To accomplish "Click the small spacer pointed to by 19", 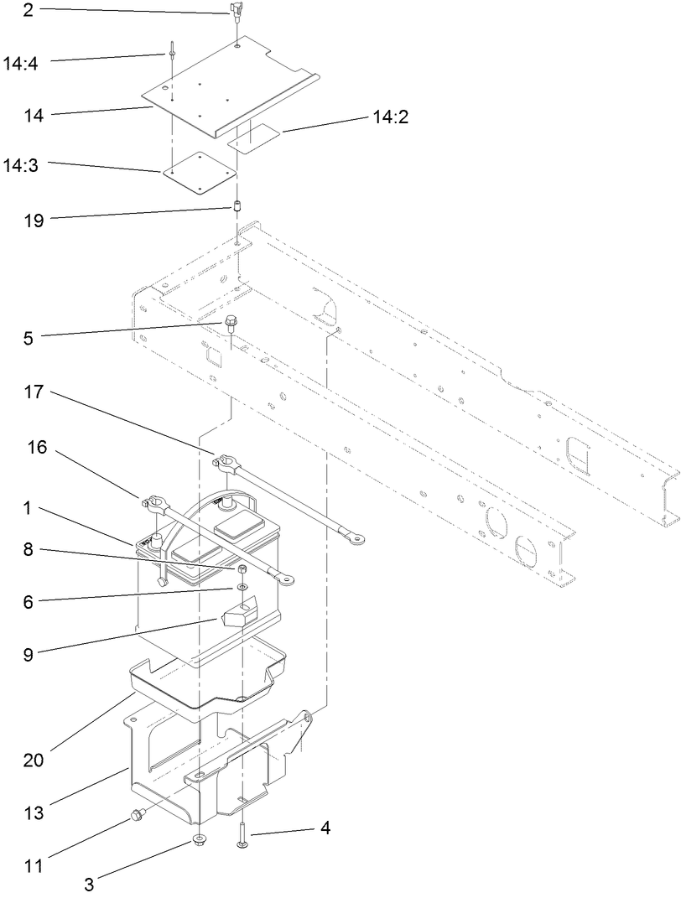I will coord(237,207).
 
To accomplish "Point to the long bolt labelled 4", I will coord(242,831).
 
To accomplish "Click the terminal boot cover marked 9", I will coord(237,618).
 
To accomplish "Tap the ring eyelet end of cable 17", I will coord(346,530).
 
